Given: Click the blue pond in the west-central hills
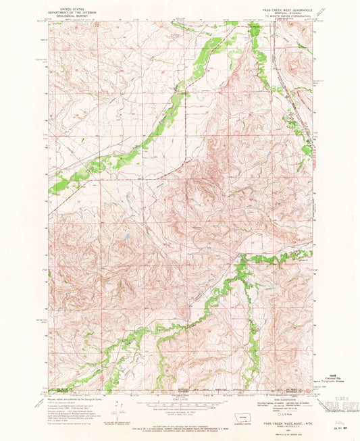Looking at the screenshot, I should [125, 237].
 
